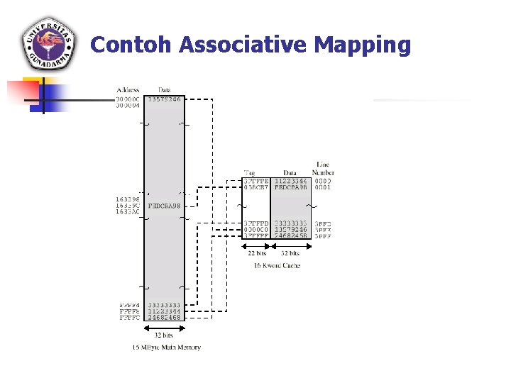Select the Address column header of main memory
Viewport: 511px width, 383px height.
(128, 90)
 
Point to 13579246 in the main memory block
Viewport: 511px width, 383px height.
(164, 100)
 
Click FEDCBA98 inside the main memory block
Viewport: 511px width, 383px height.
(165, 206)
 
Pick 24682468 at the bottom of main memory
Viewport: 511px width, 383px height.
(165, 318)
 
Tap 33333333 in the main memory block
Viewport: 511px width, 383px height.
(165, 305)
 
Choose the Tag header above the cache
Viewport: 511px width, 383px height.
(249, 172)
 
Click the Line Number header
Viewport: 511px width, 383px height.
(323, 168)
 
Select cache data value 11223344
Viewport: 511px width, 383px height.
(290, 181)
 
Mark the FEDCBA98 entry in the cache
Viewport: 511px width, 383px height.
(290, 188)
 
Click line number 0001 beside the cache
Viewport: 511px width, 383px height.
(323, 188)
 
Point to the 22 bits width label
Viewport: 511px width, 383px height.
(256, 253)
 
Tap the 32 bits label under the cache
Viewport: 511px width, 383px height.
(290, 253)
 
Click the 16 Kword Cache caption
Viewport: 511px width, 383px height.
(277, 266)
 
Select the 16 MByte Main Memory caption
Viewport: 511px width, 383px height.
(167, 348)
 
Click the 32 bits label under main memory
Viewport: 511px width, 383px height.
(163, 335)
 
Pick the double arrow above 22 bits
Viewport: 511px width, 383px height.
(256, 245)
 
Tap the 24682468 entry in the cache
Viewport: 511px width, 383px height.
(290, 235)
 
